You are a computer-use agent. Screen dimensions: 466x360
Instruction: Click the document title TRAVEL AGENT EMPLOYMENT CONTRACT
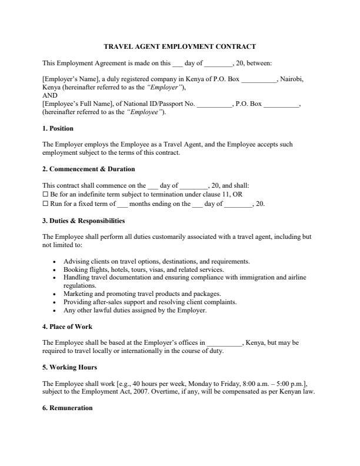[x=180, y=46]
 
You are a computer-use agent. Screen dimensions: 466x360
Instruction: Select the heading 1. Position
[x=58, y=128]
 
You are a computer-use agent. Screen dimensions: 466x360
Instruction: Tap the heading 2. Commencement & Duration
[x=88, y=169]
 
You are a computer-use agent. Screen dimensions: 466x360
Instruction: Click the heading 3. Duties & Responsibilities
[x=84, y=221]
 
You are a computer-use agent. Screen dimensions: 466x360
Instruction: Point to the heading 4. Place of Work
[x=67, y=327]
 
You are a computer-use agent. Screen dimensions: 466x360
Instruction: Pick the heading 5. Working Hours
[x=69, y=368]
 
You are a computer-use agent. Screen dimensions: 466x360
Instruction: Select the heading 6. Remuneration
[x=67, y=408]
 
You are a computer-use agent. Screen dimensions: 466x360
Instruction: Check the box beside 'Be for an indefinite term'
[x=45, y=195]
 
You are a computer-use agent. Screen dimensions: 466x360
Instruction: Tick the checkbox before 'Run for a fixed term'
[x=45, y=204]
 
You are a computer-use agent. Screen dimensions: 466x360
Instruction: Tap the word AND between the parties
[x=49, y=95]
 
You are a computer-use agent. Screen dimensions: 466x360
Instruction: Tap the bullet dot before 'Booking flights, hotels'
[x=54, y=269]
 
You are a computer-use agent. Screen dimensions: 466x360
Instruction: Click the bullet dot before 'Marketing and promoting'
[x=54, y=294]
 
